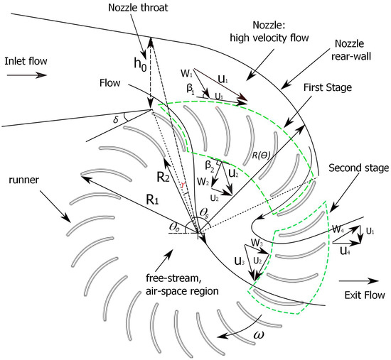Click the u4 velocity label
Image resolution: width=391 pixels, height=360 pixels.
click(x=343, y=250)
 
